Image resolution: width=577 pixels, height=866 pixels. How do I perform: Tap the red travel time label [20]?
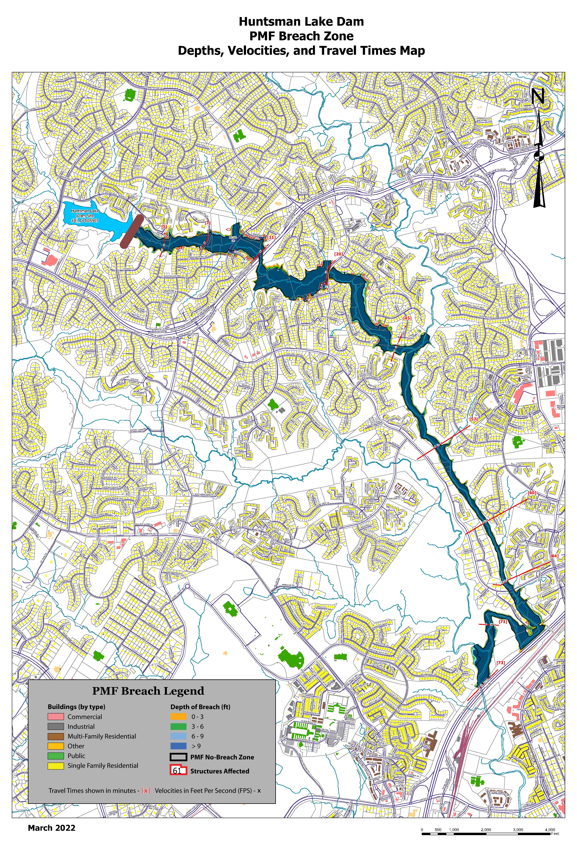pos(338,254)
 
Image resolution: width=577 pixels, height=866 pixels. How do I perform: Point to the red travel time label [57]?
pos(474,419)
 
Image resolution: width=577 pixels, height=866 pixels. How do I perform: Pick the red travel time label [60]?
pos(532,493)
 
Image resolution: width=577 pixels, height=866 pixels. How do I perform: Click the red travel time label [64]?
pos(554,556)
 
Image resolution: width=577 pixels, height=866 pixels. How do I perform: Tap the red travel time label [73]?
pos(500,663)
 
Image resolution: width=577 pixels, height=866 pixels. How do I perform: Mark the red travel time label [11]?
pos(271,238)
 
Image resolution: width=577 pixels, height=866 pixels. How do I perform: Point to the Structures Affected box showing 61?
pos(179,771)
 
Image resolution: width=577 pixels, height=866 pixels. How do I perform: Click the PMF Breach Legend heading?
pos(148,691)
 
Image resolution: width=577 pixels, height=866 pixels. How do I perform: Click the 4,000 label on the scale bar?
pos(550,830)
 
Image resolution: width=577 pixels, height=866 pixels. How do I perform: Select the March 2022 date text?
pos(51,828)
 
